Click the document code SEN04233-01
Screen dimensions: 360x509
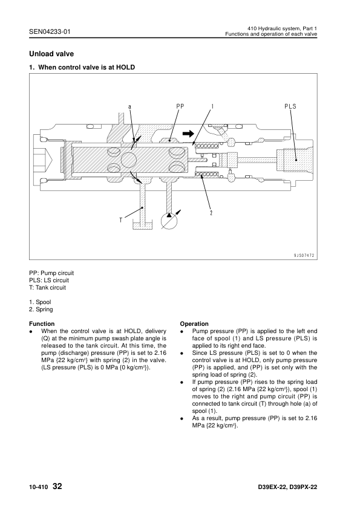(x=50, y=31)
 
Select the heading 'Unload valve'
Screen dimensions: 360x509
(x=51, y=54)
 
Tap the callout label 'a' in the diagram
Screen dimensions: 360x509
(x=129, y=106)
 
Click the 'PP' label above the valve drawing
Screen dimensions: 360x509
(x=180, y=106)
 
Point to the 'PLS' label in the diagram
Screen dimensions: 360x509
(x=290, y=106)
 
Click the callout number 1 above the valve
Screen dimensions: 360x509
(x=212, y=106)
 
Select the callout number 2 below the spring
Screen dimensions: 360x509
(x=211, y=213)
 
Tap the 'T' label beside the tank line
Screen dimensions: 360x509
(x=121, y=221)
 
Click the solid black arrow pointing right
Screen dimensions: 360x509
(x=188, y=133)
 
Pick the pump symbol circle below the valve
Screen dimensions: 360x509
(x=169, y=221)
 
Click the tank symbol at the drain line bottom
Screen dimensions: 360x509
(x=142, y=225)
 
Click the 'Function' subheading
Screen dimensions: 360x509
(x=42, y=323)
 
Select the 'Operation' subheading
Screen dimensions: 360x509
(x=194, y=323)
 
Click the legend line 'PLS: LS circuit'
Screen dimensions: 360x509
(x=49, y=280)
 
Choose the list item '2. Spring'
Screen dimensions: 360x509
(x=41, y=310)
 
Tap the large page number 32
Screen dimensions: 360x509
(x=57, y=486)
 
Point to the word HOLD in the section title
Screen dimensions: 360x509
(x=125, y=67)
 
